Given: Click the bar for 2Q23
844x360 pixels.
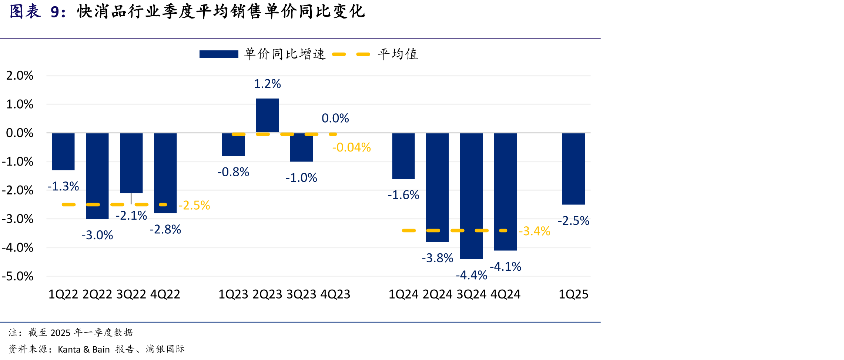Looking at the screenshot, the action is coord(267,116).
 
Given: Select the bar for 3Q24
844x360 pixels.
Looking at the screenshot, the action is coord(471,196).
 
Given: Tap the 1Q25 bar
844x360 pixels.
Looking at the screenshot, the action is coord(573,169).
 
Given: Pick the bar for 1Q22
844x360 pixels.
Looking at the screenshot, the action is coord(63,152).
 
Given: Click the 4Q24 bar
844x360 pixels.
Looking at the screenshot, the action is coord(505,192).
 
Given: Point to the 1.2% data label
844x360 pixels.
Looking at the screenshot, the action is coord(267,84).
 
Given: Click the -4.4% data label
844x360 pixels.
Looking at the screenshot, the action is coord(471,275).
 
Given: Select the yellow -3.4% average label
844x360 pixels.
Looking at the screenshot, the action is coord(535,231).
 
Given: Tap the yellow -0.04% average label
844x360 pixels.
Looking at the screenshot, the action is coord(351,147).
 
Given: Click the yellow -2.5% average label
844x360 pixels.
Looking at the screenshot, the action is coord(194,205).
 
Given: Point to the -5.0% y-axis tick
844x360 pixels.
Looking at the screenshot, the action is coord(17,276).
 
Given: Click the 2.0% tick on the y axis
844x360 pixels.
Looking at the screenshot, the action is coord(20,76).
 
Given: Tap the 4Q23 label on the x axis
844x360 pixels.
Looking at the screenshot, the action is coord(335,294).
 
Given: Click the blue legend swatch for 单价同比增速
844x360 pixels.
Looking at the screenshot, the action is coord(219,54).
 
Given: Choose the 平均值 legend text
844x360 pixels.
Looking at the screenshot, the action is coord(398,54).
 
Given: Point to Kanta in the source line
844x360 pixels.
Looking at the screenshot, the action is coord(69,349).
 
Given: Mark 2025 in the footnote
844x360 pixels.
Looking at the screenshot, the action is coord(60,333).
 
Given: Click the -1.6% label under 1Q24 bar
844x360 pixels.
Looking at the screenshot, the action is coord(403,195).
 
